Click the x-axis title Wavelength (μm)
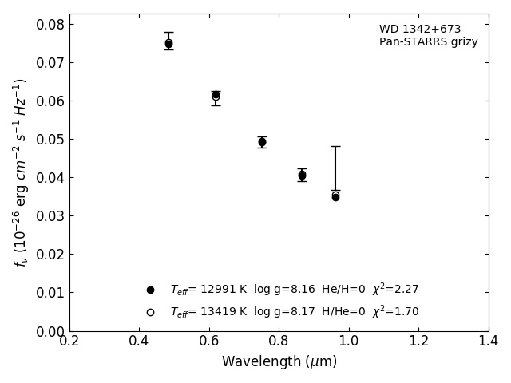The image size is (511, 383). coord(279,361)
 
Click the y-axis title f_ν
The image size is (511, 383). coord(21,172)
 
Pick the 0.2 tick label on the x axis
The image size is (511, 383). coord(69,341)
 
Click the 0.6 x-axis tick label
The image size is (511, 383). coord(209,341)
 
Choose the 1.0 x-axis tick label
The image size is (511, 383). coord(349,341)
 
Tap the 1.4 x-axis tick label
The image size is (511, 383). coord(489,341)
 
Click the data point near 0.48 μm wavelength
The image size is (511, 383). coord(168,44)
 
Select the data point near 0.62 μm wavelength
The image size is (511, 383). coord(216,95)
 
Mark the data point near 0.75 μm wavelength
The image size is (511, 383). coord(262,142)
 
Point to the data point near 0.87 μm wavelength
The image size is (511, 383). coord(302,175)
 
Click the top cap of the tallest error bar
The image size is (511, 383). coord(335,146)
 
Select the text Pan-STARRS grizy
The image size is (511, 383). coord(428,42)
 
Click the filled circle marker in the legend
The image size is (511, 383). coord(150,290)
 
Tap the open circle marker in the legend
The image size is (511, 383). coord(150,312)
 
